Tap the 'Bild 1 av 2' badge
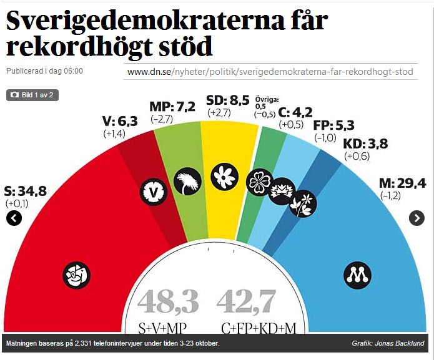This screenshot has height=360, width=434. tap(32, 95)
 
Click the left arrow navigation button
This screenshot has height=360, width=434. tap(14, 218)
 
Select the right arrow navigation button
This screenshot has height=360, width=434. tap(417, 218)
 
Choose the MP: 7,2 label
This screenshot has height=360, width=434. tap(172, 106)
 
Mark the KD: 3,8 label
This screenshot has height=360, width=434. tap(365, 144)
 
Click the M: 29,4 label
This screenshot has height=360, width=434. tap(402, 183)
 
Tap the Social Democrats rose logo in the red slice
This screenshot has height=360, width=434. tap(77, 273)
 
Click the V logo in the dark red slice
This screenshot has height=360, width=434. tap(154, 190)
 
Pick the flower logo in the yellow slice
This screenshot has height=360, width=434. tap(223, 177)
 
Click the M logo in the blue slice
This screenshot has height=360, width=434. tap(358, 274)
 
